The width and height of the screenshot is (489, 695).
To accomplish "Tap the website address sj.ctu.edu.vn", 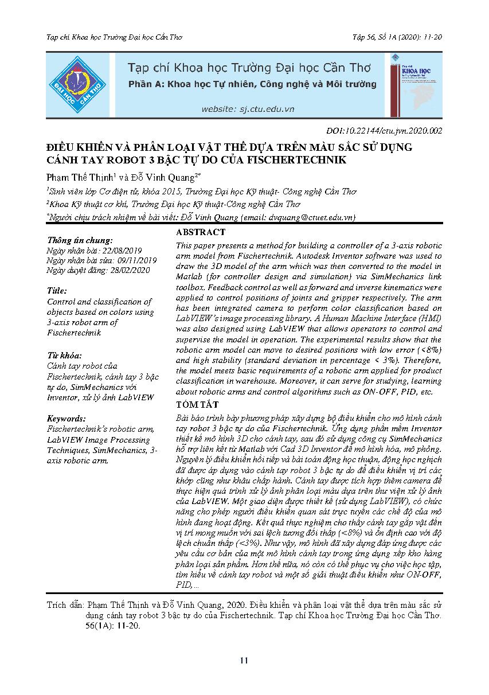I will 248,108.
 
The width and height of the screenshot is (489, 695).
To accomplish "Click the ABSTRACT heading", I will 201,232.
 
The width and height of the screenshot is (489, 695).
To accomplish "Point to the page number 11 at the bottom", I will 244,661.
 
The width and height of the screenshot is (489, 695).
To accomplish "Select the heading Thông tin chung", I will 80,240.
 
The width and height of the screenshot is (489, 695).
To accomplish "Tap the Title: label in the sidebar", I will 57,291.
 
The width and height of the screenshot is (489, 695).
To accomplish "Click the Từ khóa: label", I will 64,356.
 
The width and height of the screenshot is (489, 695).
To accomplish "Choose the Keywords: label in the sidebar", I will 66,419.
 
